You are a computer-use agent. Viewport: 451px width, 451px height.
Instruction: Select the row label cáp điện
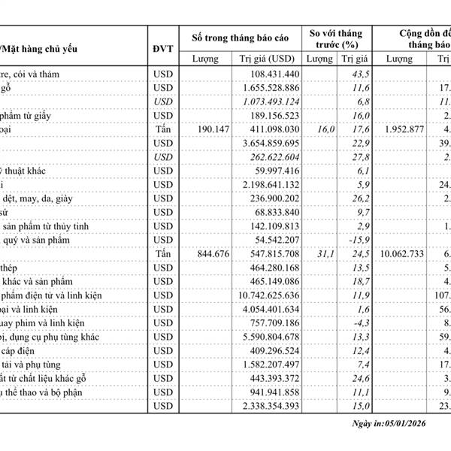(x=23, y=351)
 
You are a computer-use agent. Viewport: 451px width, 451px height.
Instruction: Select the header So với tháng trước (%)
(x=336, y=41)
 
